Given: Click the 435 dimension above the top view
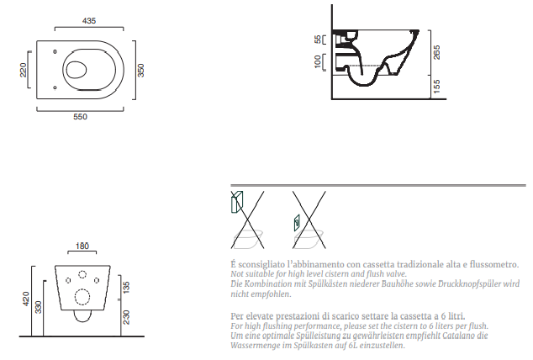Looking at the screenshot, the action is click(x=89, y=21).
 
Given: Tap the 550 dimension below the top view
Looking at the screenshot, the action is click(x=80, y=117).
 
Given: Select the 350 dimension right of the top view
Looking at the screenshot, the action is click(x=140, y=71).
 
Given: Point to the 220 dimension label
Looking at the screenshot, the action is click(x=23, y=70).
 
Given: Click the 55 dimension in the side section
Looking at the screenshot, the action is click(x=318, y=40).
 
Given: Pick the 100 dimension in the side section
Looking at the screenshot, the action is click(x=318, y=61).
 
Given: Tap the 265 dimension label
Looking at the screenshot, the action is click(x=437, y=52).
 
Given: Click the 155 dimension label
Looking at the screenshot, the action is click(x=437, y=87).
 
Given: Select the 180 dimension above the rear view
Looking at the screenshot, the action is click(x=82, y=246).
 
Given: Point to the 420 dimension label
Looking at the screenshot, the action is click(x=26, y=299).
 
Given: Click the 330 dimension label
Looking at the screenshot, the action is click(x=38, y=307).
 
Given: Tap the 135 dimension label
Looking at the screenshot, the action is click(x=126, y=288).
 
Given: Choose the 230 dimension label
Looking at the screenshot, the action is click(x=126, y=317).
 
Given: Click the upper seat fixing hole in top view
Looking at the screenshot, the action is click(x=55, y=51).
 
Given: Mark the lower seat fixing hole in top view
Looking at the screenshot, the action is click(x=55, y=87).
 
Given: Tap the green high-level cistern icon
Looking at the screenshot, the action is click(x=237, y=202).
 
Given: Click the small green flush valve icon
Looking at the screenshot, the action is click(x=297, y=223).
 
